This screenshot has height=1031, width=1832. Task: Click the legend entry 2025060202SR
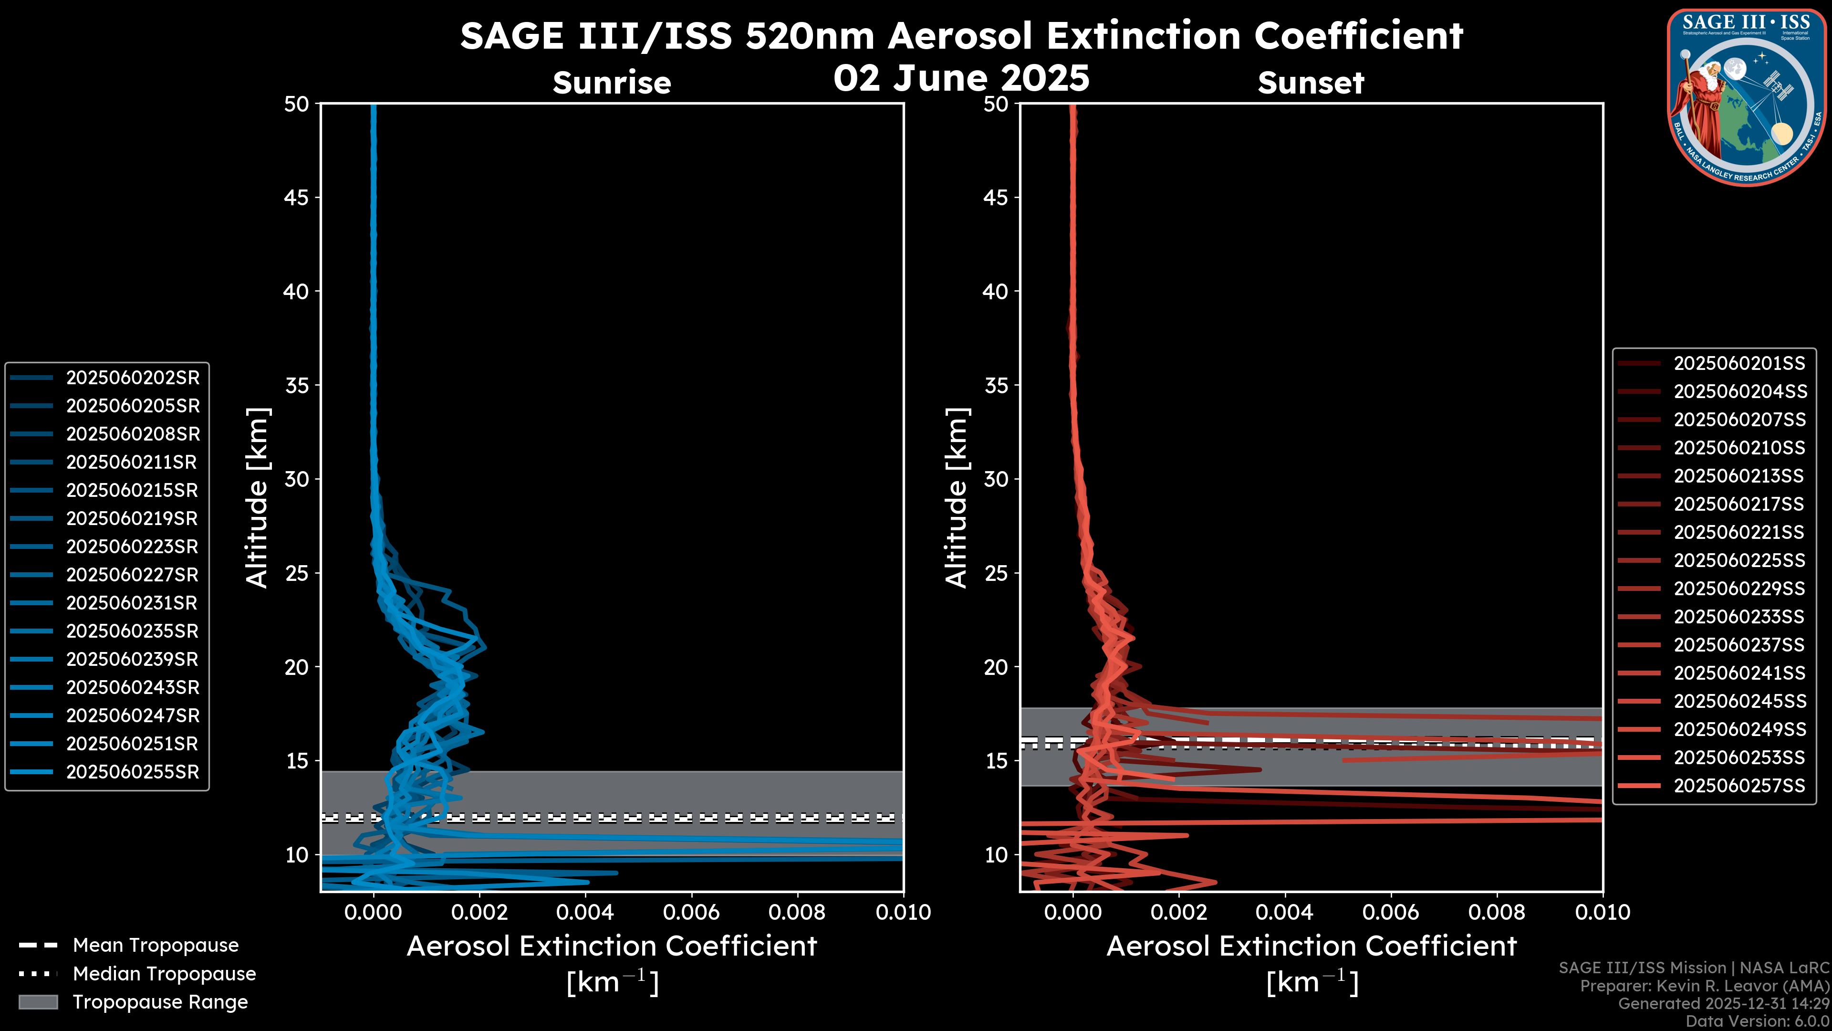[x=132, y=378]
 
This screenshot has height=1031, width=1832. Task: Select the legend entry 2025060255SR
[x=132, y=772]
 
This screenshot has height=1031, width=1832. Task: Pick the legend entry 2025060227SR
[x=132, y=575]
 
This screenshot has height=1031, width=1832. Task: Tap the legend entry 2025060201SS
[x=1739, y=364]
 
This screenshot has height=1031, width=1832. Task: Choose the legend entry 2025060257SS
[x=1739, y=786]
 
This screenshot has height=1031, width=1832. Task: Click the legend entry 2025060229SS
[x=1739, y=589]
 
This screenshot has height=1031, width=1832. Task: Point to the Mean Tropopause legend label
[x=155, y=946]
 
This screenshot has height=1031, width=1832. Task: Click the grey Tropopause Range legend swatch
[x=38, y=1002]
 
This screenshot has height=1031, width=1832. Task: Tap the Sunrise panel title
[x=612, y=83]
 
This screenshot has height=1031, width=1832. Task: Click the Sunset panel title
[x=1311, y=83]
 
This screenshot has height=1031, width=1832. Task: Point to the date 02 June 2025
[x=961, y=78]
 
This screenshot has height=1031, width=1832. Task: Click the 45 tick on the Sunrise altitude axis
[x=297, y=198]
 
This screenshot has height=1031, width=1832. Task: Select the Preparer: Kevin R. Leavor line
[x=1704, y=986]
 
